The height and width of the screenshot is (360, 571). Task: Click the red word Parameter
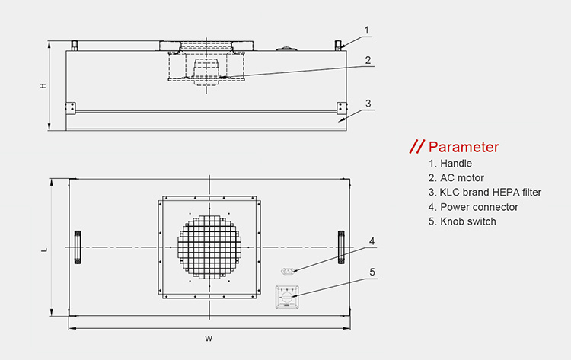[x=463, y=147]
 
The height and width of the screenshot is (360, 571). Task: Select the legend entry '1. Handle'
[x=450, y=164]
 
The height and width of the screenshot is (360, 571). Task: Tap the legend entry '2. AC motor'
[x=456, y=178]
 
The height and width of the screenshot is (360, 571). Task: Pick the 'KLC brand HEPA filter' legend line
[x=485, y=193]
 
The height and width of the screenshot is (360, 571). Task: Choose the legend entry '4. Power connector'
[x=473, y=207]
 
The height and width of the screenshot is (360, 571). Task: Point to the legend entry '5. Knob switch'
[x=462, y=221]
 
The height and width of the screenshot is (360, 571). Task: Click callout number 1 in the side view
[x=367, y=30]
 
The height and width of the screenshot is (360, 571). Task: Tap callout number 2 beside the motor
[x=368, y=60]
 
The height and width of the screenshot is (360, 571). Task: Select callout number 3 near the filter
[x=368, y=104]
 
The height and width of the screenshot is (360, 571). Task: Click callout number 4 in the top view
[x=372, y=241]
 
